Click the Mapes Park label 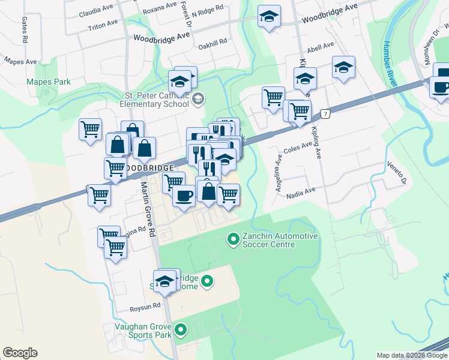click(48, 82)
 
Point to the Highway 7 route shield click(325, 113)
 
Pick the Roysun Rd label click(146, 306)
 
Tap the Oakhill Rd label click(215, 42)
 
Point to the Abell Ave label click(319, 47)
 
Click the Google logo click(20, 353)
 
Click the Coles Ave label click(298, 146)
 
